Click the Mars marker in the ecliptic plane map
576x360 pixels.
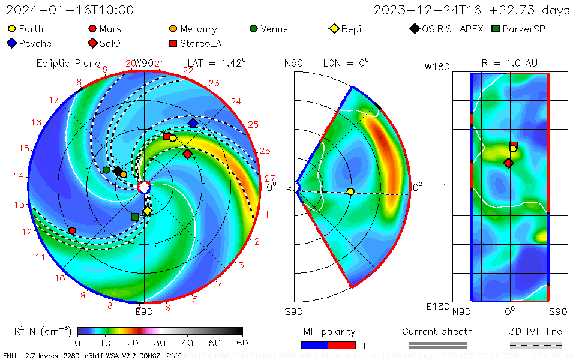pyautogui.click(x=73, y=231)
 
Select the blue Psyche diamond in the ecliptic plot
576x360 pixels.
pyautogui.click(x=193, y=123)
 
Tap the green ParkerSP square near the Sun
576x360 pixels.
pyautogui.click(x=135, y=217)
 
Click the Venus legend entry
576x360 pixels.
pyautogui.click(x=268, y=29)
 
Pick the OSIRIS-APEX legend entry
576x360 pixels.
pyautogui.click(x=447, y=29)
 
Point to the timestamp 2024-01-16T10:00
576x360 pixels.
pyautogui.click(x=70, y=10)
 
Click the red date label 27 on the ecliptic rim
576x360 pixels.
pyautogui.click(x=269, y=178)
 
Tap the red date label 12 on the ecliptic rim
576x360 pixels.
pyautogui.click(x=27, y=232)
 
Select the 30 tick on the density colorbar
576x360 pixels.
pyautogui.click(x=160, y=343)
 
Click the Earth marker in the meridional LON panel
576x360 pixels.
pyautogui.click(x=350, y=191)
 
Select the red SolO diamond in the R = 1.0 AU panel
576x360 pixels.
pyautogui.click(x=509, y=163)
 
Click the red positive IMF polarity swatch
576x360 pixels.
pyautogui.click(x=342, y=345)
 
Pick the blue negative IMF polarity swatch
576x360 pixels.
pyautogui.click(x=314, y=345)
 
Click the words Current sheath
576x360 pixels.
pyautogui.click(x=437, y=331)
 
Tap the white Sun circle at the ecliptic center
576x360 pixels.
pyautogui.click(x=144, y=188)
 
